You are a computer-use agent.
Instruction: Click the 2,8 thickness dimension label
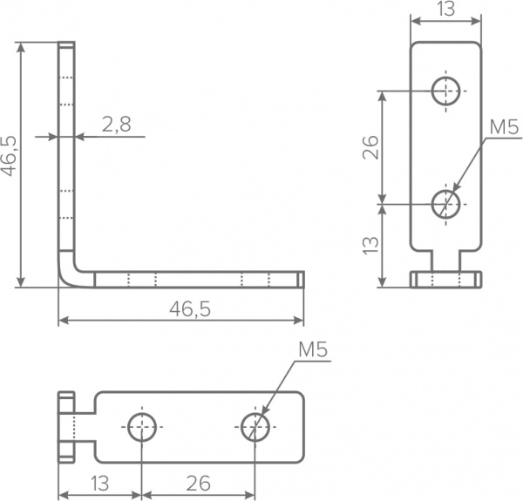pyautogui.click(x=116, y=125)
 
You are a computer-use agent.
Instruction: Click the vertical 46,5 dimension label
pyautogui.click(x=9, y=156)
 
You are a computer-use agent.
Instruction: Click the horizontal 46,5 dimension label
pyautogui.click(x=190, y=309)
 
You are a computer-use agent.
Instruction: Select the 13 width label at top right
pyautogui.click(x=446, y=9)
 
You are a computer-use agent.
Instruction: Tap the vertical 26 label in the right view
pyautogui.click(x=371, y=147)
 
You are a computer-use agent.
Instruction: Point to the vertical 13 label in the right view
pyautogui.click(x=371, y=246)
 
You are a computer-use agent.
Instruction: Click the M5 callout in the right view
pyautogui.click(x=504, y=127)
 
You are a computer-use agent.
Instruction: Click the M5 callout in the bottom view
pyautogui.click(x=313, y=349)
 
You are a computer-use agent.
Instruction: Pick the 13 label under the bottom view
pyautogui.click(x=99, y=484)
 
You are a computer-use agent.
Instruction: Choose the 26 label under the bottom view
pyautogui.click(x=199, y=484)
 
